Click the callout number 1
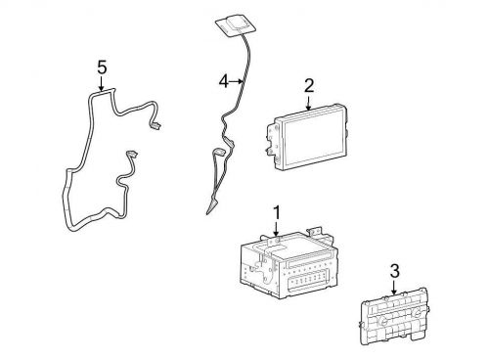[277, 212]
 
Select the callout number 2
[309, 85]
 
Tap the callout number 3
[394, 271]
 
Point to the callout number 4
[224, 81]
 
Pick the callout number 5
[102, 67]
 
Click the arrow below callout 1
[277, 229]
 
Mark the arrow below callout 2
[309, 102]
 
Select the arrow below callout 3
[394, 288]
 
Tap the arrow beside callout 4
[237, 81]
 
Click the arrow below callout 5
[102, 84]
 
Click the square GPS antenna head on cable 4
[234, 24]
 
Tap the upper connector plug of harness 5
[156, 125]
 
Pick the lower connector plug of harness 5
[132, 154]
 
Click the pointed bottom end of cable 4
[207, 213]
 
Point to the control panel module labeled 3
[393, 316]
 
